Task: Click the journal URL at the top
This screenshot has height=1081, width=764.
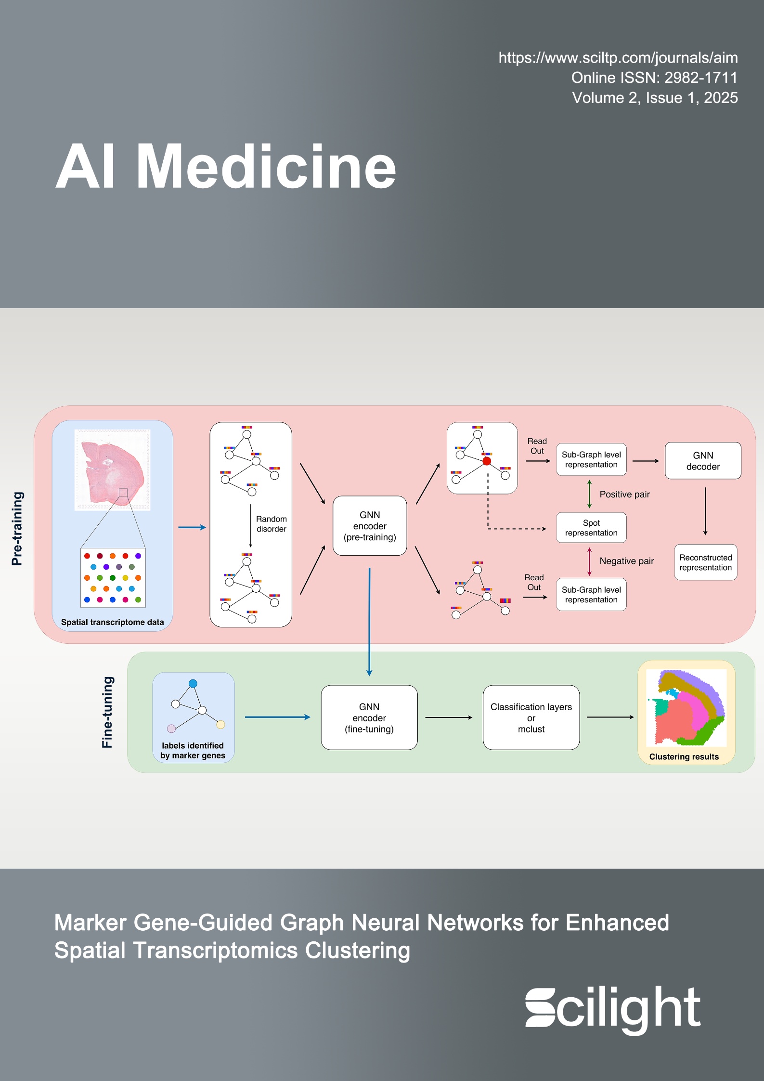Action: [x=618, y=58]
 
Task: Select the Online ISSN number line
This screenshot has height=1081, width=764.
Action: [x=654, y=78]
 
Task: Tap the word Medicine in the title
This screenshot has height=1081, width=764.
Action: [x=266, y=167]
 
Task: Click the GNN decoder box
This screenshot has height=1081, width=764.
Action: [x=702, y=461]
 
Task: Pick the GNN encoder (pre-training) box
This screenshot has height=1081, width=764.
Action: [x=370, y=526]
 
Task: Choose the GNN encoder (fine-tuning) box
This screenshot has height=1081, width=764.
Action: [x=369, y=717]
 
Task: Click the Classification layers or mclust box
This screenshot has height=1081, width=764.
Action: [x=531, y=717]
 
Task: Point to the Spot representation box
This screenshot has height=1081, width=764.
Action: [x=591, y=528]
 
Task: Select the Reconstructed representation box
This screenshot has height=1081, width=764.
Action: [x=705, y=562]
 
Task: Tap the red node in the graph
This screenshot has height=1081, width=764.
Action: [x=487, y=461]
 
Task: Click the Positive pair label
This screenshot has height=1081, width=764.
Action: [x=624, y=495]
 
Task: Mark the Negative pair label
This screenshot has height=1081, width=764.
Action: [x=626, y=561]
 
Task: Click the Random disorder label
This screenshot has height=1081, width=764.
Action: [x=271, y=524]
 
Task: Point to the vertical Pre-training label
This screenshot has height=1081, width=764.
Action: [x=17, y=528]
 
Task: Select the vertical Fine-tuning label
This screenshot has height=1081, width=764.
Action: [x=107, y=712]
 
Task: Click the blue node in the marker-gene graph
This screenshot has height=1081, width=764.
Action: [x=193, y=684]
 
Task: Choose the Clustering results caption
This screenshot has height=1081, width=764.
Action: [x=684, y=756]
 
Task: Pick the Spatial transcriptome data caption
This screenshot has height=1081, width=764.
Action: [x=112, y=622]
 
